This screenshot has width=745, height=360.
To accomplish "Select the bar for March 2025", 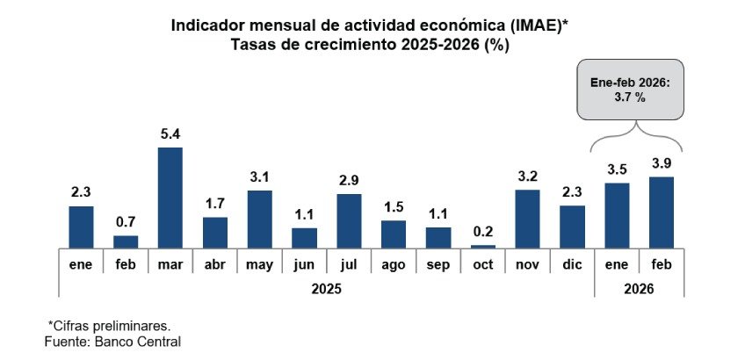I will point(170,198).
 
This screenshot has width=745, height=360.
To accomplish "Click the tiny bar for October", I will point(483,246).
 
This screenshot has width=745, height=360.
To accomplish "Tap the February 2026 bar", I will point(662,212).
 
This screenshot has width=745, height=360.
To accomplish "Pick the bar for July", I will point(349,221).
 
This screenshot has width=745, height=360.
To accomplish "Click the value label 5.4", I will point(170,135).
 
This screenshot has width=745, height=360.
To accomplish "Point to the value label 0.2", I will point(483,233).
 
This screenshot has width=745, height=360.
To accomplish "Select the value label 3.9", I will point(662,164).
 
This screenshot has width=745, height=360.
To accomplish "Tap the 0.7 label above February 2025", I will point(126,223).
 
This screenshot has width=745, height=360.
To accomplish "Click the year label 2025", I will point(326,287).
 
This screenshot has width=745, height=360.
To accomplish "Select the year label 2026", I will point(639,287).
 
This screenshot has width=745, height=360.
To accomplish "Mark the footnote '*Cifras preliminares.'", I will point(109,325).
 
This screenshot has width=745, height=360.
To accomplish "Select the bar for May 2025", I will point(259,219).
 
